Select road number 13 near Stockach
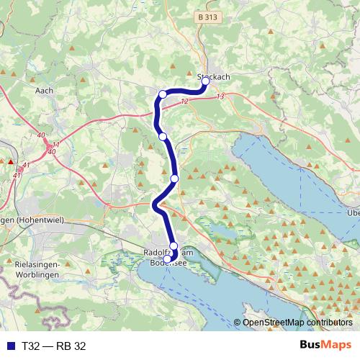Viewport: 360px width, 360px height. pos(220,96)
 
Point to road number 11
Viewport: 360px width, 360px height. pos(55,145)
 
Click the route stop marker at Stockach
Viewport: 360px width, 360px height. pos(205,81)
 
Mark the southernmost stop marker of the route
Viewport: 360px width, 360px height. pos(168,259)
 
